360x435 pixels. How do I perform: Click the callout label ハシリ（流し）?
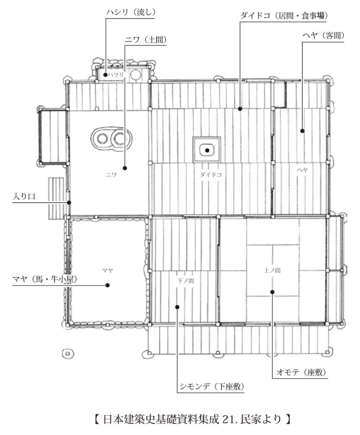(x=131, y=13)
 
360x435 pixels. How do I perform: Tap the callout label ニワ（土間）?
(x=145, y=40)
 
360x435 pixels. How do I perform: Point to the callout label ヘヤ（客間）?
(x=323, y=36)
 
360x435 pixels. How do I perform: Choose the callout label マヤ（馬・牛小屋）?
(x=45, y=279)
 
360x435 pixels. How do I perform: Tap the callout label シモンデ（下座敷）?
(x=212, y=386)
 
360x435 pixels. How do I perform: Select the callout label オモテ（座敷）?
(x=301, y=372)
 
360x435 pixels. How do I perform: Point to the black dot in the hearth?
(x=207, y=150)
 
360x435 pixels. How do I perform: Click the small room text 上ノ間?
(x=272, y=270)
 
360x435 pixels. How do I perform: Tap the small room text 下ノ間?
(x=186, y=281)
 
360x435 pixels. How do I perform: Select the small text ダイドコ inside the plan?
(x=211, y=175)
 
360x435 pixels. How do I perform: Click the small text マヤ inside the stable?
(x=107, y=270)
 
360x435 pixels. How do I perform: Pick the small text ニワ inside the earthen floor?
(x=111, y=175)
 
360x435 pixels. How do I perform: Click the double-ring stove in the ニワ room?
(x=111, y=139)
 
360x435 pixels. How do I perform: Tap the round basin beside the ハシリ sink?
(x=136, y=74)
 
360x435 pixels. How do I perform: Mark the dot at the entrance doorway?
(x=69, y=203)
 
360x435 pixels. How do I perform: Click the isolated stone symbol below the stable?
(x=67, y=354)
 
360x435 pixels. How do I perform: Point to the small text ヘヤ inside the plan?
(x=302, y=170)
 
